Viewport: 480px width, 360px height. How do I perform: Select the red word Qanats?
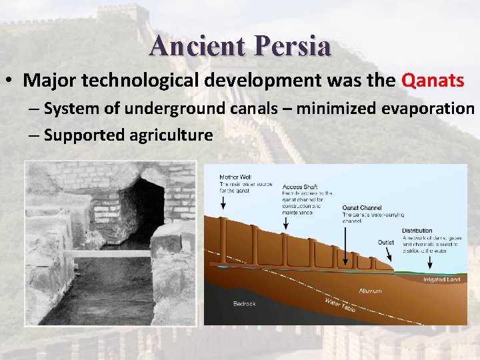433,81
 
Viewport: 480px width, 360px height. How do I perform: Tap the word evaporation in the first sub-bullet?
419,109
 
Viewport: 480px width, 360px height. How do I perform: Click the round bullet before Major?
11,81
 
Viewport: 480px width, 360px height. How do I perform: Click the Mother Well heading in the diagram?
235,177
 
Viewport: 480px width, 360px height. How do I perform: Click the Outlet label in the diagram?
386,243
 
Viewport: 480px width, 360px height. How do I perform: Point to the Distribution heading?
417,231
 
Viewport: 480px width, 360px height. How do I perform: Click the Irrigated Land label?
442,280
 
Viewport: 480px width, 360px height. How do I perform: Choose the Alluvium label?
370,291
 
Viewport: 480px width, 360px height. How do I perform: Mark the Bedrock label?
244,303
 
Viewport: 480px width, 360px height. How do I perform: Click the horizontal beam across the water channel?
107,253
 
